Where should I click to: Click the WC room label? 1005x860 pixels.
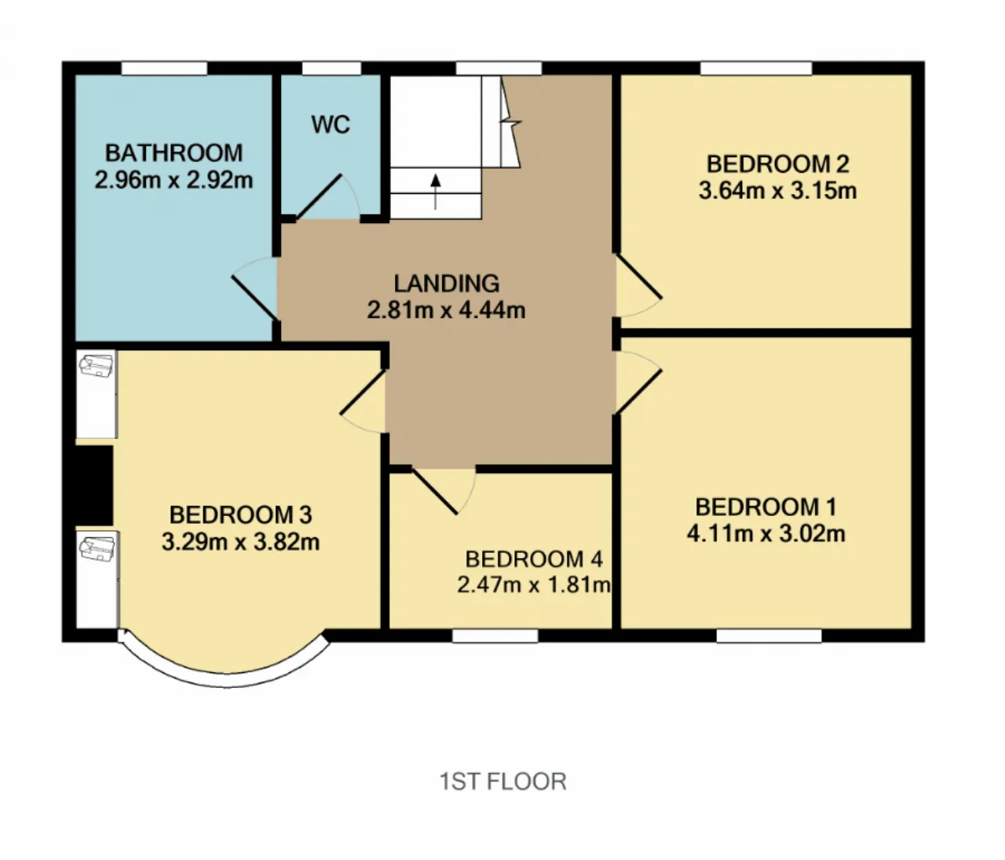coord(331,125)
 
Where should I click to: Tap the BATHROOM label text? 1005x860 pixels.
coord(174,153)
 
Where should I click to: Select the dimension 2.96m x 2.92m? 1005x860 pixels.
coord(174,181)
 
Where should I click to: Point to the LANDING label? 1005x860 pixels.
coord(446,283)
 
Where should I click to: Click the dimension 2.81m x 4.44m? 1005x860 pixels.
coord(446,310)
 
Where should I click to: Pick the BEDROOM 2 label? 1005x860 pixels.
coord(777,164)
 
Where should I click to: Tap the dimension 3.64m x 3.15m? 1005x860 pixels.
coord(777,191)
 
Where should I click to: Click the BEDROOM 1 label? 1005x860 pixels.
coord(766,507)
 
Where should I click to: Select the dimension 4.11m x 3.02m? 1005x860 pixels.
coord(766,534)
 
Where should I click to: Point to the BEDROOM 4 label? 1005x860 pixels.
coord(534,559)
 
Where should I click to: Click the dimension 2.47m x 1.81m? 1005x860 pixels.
coord(534,584)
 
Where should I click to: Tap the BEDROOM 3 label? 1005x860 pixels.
coord(241,515)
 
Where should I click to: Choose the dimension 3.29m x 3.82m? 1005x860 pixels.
coord(241,542)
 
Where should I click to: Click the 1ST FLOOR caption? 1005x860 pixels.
coord(502,781)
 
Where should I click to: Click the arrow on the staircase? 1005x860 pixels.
coord(436,192)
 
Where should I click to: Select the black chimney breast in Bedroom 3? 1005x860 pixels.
coord(94,485)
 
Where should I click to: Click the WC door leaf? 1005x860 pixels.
coord(319,196)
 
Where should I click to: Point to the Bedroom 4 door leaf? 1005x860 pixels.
coord(434,491)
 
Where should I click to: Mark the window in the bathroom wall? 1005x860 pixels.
coord(164,68)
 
